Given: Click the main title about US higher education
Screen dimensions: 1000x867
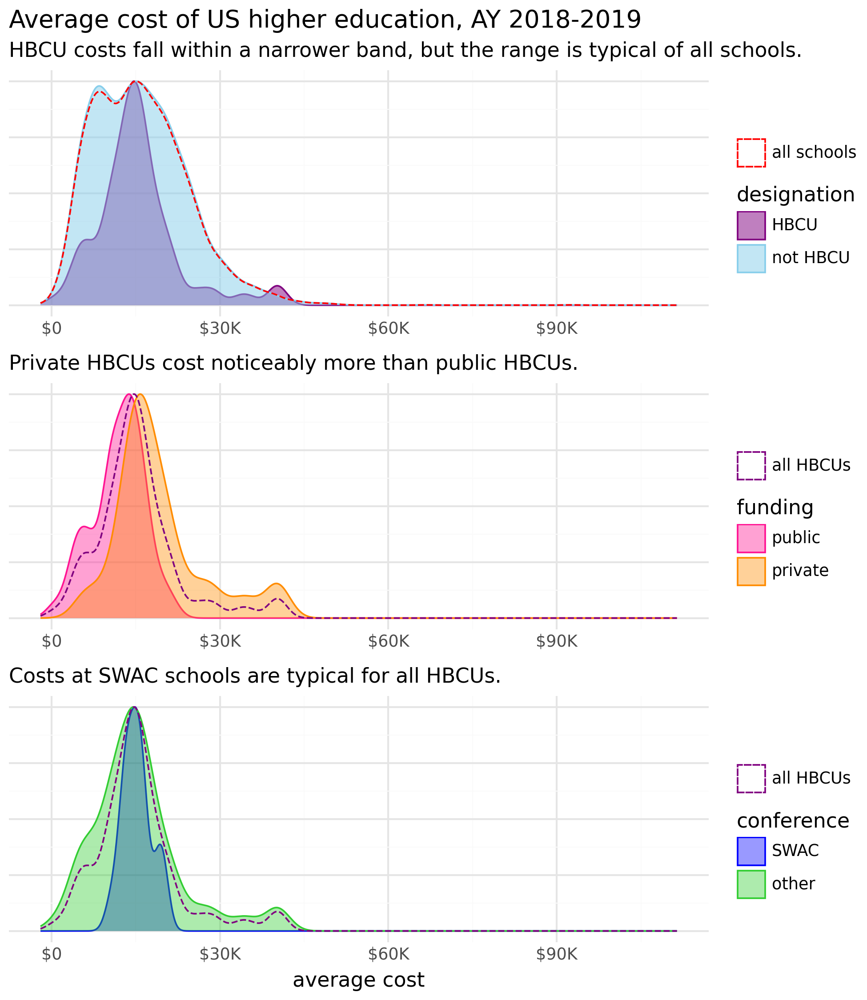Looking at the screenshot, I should pyautogui.click(x=325, y=20).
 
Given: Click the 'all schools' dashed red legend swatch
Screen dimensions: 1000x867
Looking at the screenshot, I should pyautogui.click(x=751, y=153).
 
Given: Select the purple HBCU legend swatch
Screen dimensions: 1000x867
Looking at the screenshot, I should pyautogui.click(x=751, y=225).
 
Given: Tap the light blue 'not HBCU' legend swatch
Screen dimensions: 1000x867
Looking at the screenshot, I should pyautogui.click(x=751, y=258).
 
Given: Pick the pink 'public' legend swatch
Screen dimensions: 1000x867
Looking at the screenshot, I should pyautogui.click(x=751, y=538).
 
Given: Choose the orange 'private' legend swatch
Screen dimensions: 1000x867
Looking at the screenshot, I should pyautogui.click(x=751, y=571).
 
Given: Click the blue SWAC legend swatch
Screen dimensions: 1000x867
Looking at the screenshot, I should pyautogui.click(x=751, y=851).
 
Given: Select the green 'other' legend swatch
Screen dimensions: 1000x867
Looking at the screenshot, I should pyautogui.click(x=751, y=884).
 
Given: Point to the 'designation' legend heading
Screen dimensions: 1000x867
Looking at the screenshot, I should pyautogui.click(x=795, y=194).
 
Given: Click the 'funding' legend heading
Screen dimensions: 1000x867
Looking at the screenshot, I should pyautogui.click(x=775, y=507).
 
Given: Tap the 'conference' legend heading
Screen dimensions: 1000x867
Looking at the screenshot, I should pyautogui.click(x=792, y=820).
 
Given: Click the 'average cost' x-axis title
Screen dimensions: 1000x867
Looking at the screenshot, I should pyautogui.click(x=358, y=980).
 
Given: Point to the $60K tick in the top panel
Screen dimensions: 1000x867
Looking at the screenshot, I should pyautogui.click(x=389, y=329).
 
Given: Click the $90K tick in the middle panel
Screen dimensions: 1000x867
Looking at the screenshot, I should pyautogui.click(x=556, y=642).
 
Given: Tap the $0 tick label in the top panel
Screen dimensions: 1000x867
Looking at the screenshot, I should pyautogui.click(x=51, y=329).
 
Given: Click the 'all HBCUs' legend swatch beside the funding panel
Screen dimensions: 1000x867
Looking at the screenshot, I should pyautogui.click(x=751, y=466).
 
